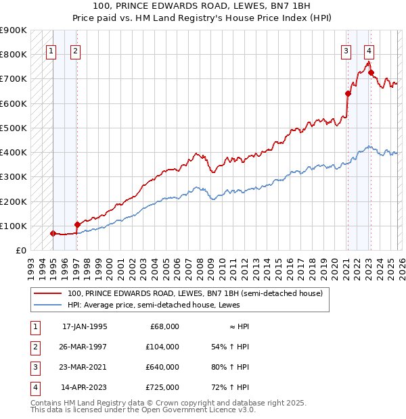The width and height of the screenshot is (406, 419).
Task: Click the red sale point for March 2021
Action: (x=348, y=94)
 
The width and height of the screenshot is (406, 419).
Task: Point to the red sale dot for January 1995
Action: (x=53, y=233)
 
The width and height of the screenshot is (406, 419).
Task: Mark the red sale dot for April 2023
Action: (x=371, y=73)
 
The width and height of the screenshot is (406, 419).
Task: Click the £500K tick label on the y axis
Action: (x=14, y=128)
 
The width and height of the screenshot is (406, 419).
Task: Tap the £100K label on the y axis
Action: (x=14, y=226)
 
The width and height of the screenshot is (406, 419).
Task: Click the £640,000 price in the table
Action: (x=162, y=367)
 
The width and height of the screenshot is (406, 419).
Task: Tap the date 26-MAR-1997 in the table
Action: (x=84, y=347)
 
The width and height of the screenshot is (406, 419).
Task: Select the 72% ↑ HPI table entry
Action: (x=230, y=387)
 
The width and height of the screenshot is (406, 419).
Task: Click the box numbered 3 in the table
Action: (x=33, y=367)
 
